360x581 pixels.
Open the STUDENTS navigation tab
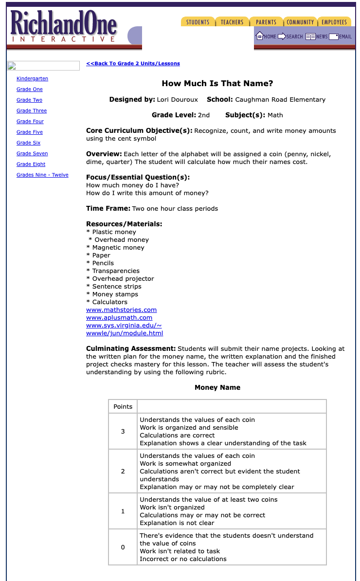(x=198, y=22)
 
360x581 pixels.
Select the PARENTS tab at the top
(x=266, y=22)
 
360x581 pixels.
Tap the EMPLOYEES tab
(x=334, y=22)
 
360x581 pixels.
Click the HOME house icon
(x=260, y=36)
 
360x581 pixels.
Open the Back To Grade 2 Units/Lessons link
(x=133, y=63)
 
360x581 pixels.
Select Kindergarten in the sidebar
(x=32, y=78)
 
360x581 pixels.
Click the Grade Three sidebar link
(x=32, y=110)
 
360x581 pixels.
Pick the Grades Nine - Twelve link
(x=42, y=175)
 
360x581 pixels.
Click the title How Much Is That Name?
(x=217, y=83)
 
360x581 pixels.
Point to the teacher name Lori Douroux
(x=177, y=99)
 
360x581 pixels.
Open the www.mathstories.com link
(x=121, y=309)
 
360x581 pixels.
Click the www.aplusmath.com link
(x=119, y=317)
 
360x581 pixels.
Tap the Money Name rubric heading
(x=217, y=387)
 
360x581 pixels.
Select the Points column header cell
(x=123, y=406)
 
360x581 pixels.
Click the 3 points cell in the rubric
(x=123, y=431)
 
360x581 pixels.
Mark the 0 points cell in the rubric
(x=123, y=547)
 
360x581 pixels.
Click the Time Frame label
(x=108, y=208)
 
